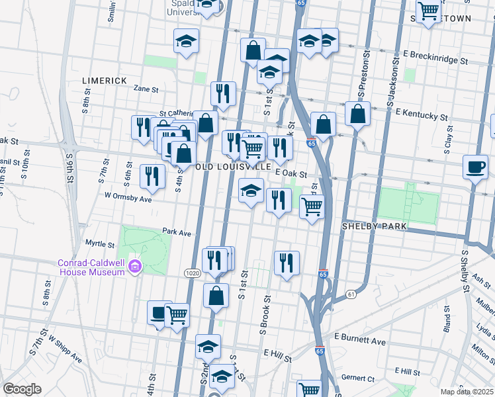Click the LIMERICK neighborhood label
[x=104, y=80]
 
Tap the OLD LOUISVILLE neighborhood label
[x=234, y=167]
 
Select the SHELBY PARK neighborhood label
[x=373, y=226]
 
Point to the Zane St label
[x=146, y=89]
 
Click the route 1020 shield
[x=192, y=273]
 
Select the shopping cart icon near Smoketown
[x=429, y=11]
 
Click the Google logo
[x=22, y=389]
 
